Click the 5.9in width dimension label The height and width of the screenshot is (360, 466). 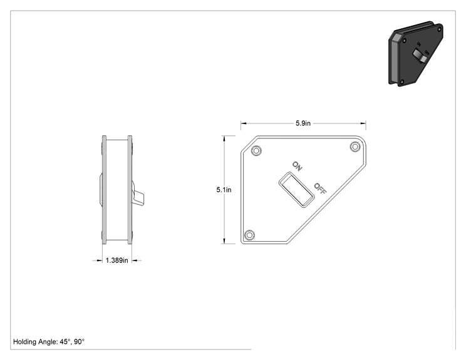tap(303, 123)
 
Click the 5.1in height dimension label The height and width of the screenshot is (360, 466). tap(224, 190)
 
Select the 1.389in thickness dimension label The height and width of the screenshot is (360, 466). tap(116, 260)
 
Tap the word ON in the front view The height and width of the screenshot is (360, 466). tap(297, 166)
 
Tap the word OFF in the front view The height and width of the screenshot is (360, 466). tap(321, 188)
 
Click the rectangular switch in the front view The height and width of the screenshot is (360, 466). tap(296, 190)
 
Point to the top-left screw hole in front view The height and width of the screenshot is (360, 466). tap(256, 151)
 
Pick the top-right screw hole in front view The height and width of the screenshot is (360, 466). tap(355, 147)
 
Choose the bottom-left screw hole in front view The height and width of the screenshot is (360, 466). tap(249, 235)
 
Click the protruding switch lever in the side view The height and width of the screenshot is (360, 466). tap(138, 197)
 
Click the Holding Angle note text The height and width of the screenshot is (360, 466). tap(49, 342)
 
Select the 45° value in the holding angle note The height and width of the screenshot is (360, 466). tap(66, 342)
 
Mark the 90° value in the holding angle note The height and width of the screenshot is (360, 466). tap(80, 342)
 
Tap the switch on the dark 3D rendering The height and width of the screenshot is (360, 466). tap(420, 56)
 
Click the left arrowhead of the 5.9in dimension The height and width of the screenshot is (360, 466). tap(244, 123)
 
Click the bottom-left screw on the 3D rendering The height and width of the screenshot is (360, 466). tap(402, 81)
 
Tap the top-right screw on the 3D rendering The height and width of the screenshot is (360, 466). tap(439, 29)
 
